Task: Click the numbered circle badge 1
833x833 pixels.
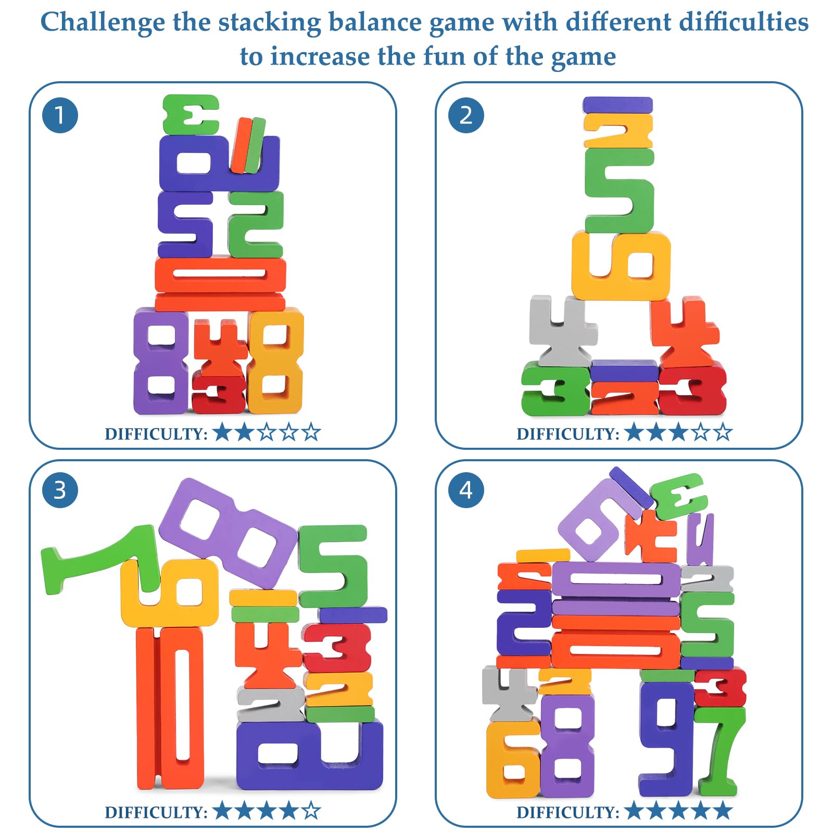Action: click(x=60, y=115)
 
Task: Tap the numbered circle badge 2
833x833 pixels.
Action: click(x=466, y=115)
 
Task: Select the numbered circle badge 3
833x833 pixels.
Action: click(x=60, y=490)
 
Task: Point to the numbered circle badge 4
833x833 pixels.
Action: click(x=466, y=490)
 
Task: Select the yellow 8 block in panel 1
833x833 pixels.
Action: click(x=275, y=361)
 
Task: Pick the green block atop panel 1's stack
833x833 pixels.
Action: click(x=191, y=115)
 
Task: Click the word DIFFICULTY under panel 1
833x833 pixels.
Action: click(x=156, y=434)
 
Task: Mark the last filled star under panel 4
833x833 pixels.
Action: click(x=723, y=811)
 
